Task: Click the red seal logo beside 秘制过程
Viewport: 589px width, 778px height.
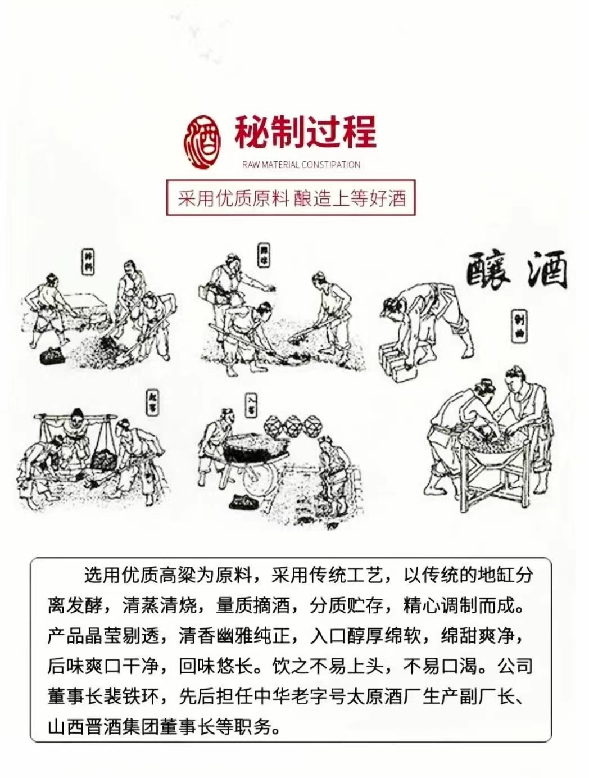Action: tap(202, 142)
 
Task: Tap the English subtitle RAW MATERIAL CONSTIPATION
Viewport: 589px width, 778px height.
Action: tap(301, 165)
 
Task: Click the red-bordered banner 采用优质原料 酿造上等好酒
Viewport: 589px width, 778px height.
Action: tap(291, 198)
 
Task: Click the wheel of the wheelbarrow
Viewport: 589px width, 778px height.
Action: tap(260, 476)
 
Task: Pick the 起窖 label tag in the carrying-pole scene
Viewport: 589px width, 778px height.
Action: tap(152, 402)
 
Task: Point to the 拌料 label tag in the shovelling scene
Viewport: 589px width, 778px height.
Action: tap(88, 262)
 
